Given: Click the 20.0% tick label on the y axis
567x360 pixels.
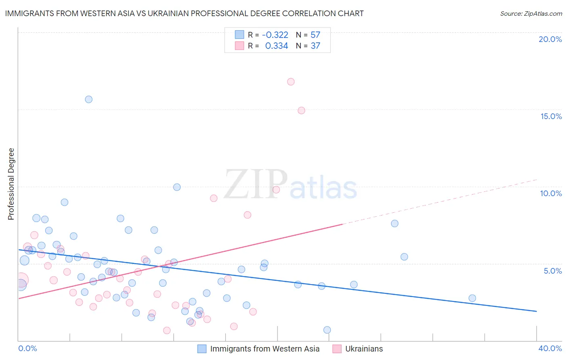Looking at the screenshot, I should click(550, 39).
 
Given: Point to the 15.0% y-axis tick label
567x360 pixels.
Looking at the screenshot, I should click(551, 116).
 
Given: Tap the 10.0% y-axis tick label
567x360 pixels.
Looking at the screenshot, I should click(551, 193).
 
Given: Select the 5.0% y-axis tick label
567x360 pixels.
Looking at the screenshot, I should click(552, 271).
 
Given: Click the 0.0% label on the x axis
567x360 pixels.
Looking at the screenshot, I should click(28, 348).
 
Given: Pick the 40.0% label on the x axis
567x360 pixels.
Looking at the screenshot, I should click(550, 348).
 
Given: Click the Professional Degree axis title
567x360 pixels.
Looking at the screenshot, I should click(11, 184).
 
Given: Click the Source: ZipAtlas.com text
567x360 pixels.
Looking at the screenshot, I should click(531, 13).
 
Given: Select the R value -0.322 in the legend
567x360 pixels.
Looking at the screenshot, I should click(275, 35).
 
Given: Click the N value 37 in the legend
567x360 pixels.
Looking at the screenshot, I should click(315, 46).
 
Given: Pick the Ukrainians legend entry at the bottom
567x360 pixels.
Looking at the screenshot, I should click(364, 349).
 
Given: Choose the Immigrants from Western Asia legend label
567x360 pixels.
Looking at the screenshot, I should click(265, 349).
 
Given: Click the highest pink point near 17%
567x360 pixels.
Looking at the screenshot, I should click(291, 82).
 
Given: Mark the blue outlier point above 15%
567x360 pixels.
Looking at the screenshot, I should click(89, 99).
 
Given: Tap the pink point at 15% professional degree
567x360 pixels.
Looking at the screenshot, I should click(301, 111).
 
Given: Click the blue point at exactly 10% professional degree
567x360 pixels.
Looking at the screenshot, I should click(177, 187).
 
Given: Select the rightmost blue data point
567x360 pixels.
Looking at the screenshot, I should click(472, 298).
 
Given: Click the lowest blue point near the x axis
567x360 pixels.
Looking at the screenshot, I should click(327, 330).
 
